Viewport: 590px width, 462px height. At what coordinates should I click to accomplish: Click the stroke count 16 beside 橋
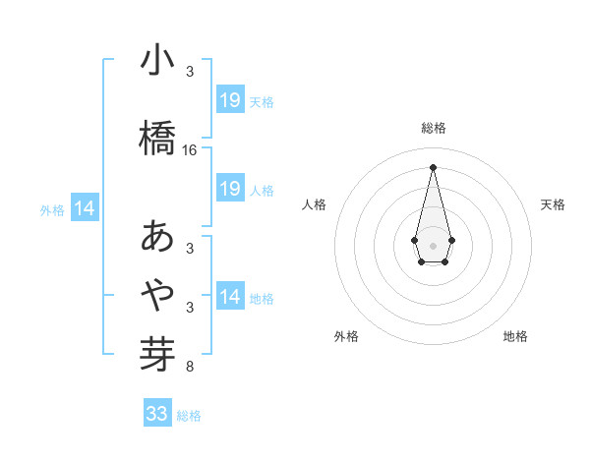pos(190,150)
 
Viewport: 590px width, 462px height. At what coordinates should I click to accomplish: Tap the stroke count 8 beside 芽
pos(190,368)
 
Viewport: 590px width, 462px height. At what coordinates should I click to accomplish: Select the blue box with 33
pos(157,414)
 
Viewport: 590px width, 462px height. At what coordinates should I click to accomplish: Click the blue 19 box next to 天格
pos(230,100)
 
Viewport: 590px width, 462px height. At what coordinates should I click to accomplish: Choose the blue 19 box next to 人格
pos(230,189)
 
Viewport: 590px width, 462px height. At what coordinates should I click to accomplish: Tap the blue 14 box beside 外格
pos(85,208)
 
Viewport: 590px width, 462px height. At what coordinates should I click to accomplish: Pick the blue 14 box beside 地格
pos(230,297)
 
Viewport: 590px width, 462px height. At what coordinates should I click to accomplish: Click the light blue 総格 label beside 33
pos(189,416)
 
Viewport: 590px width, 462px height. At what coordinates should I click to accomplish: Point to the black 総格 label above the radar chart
pos(434,128)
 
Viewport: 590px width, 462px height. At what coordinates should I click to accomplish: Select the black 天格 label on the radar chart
pos(554,204)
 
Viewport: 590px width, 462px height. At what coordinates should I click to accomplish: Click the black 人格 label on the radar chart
pos(314,204)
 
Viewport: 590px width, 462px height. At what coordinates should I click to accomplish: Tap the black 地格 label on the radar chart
pos(515,336)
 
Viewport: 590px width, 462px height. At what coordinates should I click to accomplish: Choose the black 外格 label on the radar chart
pos(346,336)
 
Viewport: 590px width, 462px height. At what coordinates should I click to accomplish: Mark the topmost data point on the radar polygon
pos(433,166)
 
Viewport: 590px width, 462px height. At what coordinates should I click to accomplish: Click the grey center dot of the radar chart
pos(433,244)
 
